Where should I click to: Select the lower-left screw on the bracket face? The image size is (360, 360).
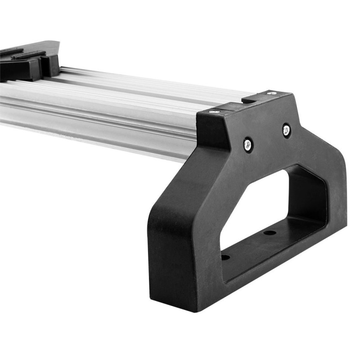click(x=247, y=144)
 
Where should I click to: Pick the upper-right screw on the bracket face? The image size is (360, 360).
click(x=286, y=130)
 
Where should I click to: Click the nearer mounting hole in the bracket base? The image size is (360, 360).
click(x=225, y=257)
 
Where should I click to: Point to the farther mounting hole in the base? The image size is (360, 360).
click(x=270, y=233)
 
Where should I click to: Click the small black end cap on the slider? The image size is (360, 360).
click(x=51, y=65)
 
